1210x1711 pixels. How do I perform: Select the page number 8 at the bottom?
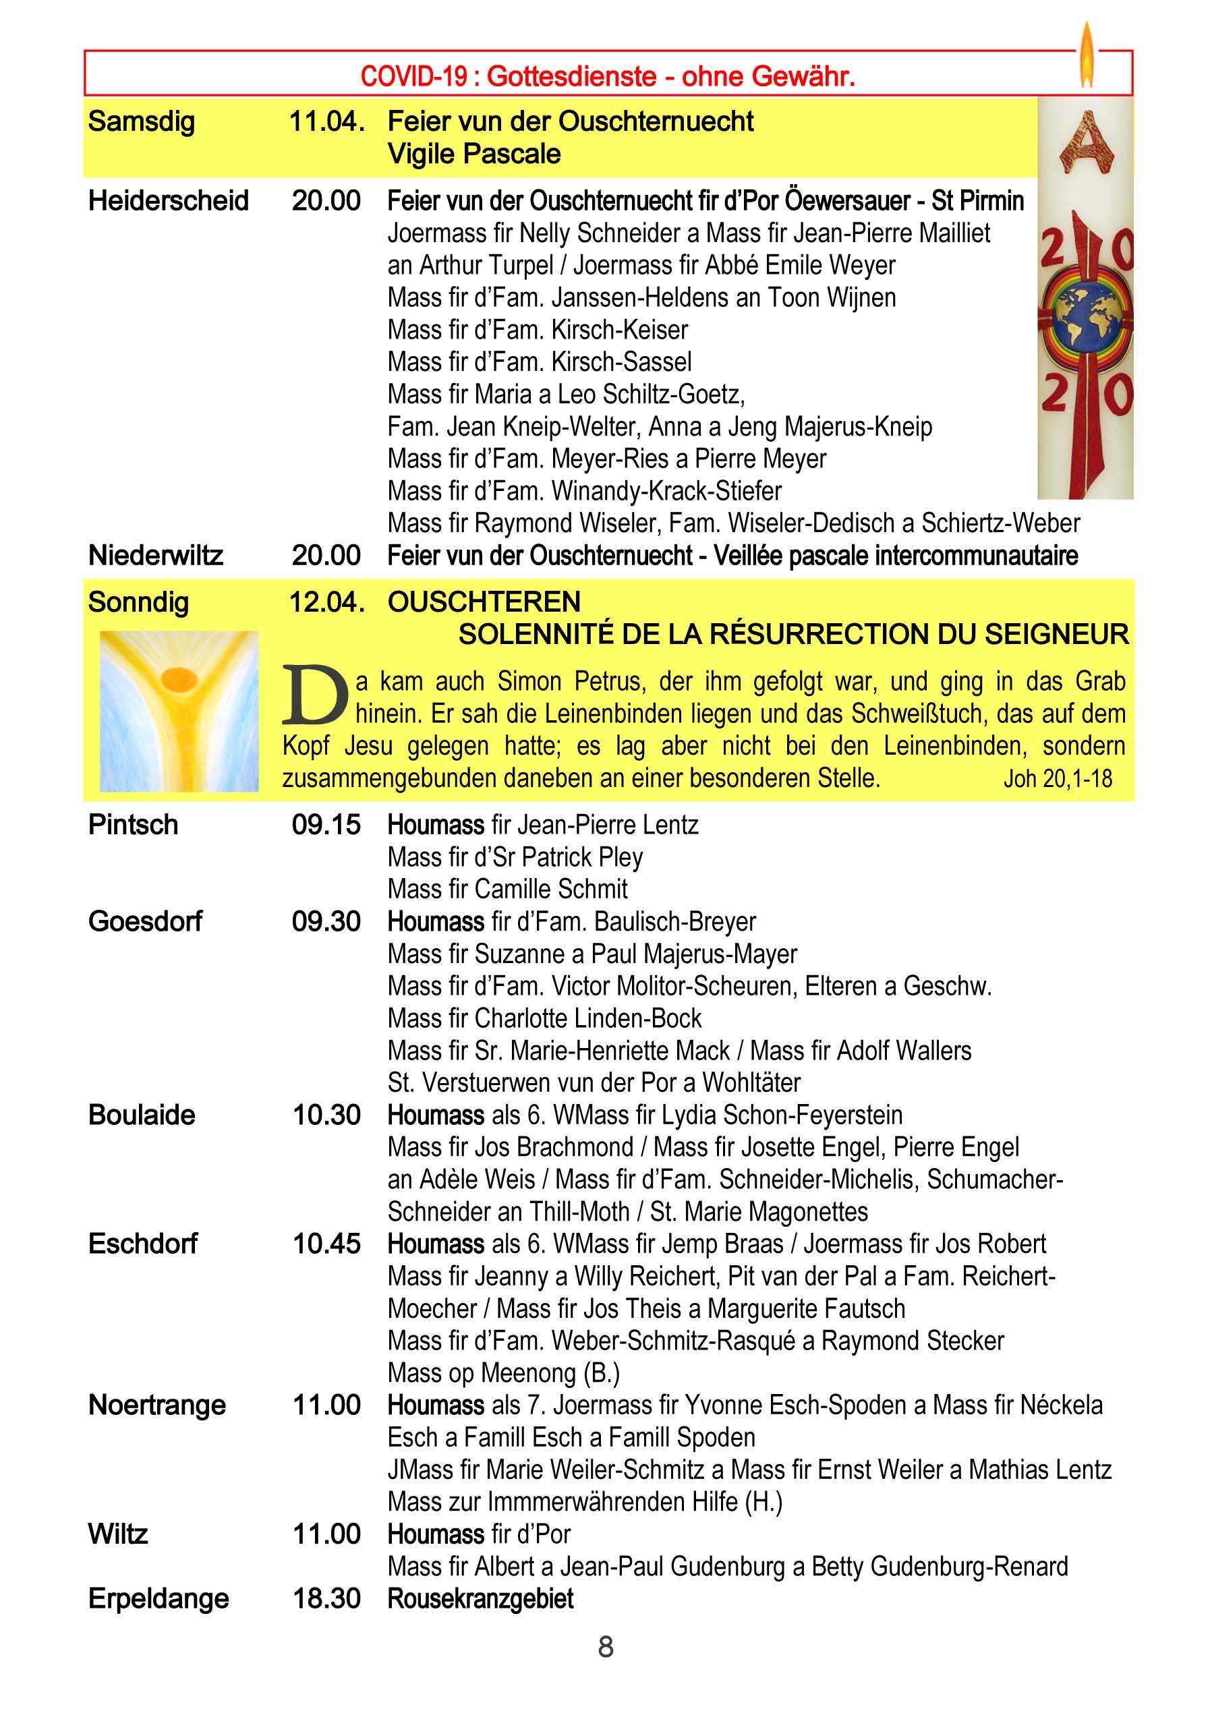click(x=606, y=1646)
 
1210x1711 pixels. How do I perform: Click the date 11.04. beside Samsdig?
click(x=326, y=121)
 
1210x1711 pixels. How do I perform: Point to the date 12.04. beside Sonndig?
click(x=326, y=602)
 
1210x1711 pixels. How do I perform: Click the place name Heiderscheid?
click(x=169, y=200)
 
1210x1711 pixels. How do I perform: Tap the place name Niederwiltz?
click(x=156, y=555)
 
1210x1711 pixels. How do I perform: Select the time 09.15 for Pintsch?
click(x=326, y=825)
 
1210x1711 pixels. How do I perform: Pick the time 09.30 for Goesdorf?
click(x=326, y=922)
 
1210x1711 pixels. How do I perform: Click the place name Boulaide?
click(x=142, y=1115)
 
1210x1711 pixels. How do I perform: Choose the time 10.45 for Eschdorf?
click(x=326, y=1244)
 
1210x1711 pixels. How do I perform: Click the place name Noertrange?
click(x=157, y=1405)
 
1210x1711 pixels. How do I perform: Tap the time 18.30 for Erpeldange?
click(x=326, y=1598)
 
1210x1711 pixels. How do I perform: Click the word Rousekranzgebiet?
click(x=481, y=1598)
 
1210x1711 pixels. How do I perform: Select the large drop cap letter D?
click(x=314, y=696)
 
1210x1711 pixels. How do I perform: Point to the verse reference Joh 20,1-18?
click(x=1058, y=779)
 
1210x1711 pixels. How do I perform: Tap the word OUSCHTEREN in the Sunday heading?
click(x=484, y=602)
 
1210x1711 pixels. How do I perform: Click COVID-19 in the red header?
click(x=413, y=76)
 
